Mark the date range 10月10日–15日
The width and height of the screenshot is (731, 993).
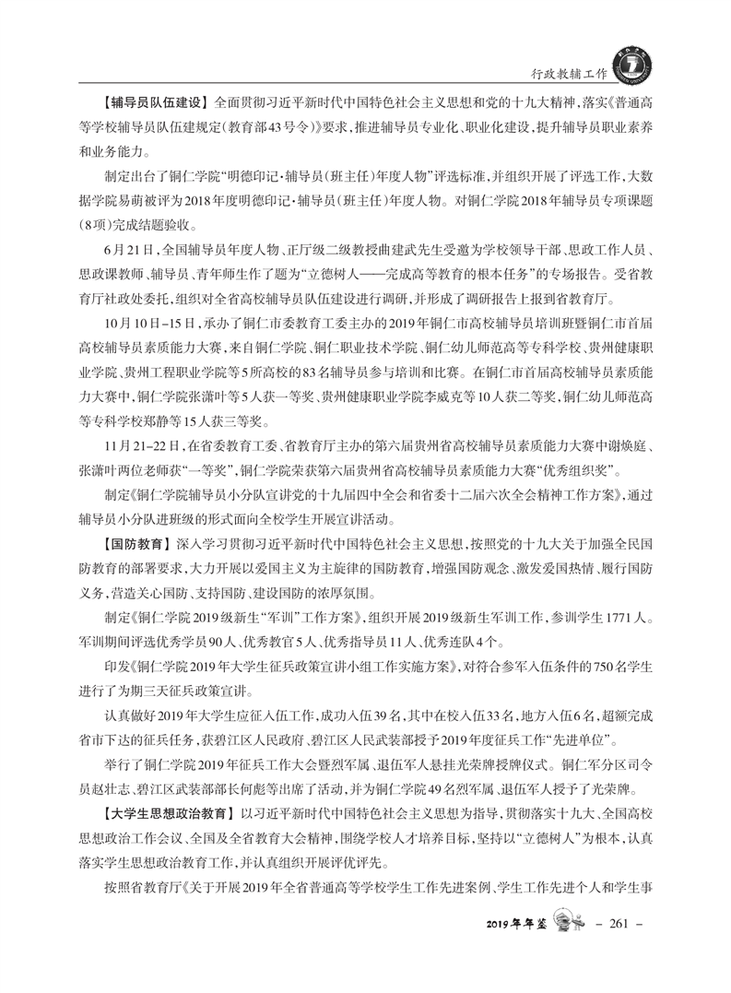149,325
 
